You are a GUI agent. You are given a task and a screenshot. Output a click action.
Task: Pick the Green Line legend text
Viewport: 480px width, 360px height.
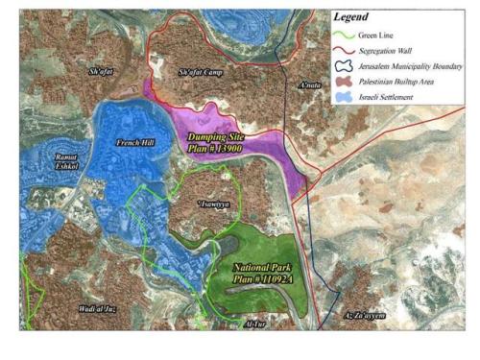(376, 36)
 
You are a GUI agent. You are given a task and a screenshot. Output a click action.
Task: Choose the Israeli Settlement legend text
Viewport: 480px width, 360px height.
(387, 97)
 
